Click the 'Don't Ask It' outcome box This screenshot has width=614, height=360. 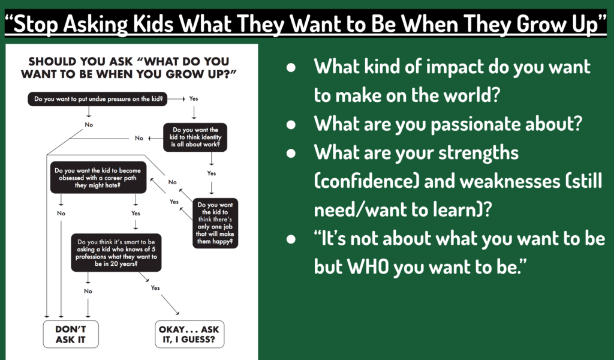(71, 334)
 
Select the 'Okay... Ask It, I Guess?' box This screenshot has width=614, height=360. (188, 334)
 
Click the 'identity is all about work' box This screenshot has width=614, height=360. (195, 137)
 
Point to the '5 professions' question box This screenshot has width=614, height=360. (116, 251)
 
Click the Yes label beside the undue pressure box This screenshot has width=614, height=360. (194, 98)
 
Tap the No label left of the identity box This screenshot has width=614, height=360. (139, 138)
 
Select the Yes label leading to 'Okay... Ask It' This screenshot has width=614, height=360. (155, 288)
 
